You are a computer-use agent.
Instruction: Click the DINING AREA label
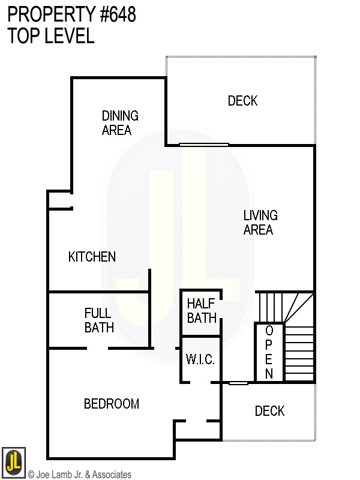pyautogui.click(x=120, y=122)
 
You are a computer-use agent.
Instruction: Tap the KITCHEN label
pyautogui.click(x=92, y=257)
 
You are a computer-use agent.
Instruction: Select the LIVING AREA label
pyautogui.click(x=260, y=222)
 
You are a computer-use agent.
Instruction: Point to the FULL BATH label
pyautogui.click(x=99, y=320)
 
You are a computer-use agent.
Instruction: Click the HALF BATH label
pyautogui.click(x=202, y=310)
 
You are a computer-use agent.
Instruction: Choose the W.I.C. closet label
pyautogui.click(x=200, y=360)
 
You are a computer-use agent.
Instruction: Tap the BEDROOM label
pyautogui.click(x=112, y=404)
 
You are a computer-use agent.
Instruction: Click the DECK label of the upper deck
pyautogui.click(x=242, y=101)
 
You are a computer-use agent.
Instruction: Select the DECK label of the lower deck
pyautogui.click(x=269, y=411)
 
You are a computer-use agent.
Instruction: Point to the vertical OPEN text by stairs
pyautogui.click(x=269, y=353)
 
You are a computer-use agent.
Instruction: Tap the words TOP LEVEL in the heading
pyautogui.click(x=51, y=36)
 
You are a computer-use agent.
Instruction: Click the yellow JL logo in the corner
pyautogui.click(x=13, y=463)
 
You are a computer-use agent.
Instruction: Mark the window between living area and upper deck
pyautogui.click(x=204, y=144)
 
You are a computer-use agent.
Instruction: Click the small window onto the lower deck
pyautogui.click(x=239, y=383)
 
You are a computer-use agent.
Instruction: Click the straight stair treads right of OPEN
pyautogui.click(x=299, y=354)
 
